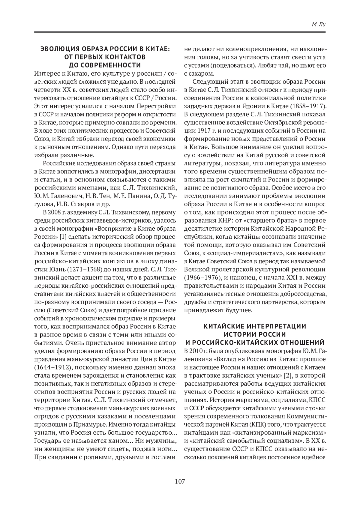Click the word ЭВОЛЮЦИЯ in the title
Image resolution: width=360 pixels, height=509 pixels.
(58, 49)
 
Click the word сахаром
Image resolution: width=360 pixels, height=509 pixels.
(198, 73)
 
